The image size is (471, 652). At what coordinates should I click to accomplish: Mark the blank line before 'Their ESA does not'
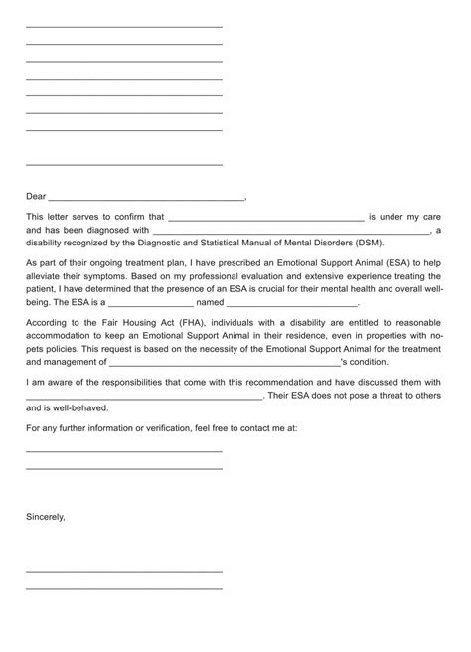144,397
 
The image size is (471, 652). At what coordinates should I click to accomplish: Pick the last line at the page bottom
123,588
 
